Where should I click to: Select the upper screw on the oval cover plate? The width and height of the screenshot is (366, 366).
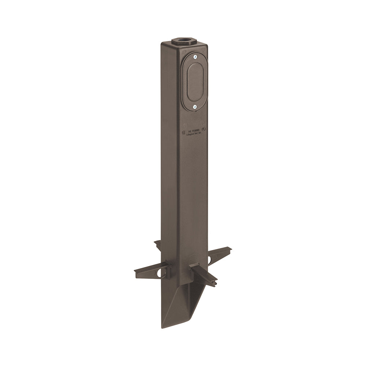point(195,57)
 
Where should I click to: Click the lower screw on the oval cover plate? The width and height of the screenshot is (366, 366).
point(195,107)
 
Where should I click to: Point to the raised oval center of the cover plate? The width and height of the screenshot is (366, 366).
point(195,82)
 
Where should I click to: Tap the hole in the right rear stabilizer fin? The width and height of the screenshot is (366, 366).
point(210,260)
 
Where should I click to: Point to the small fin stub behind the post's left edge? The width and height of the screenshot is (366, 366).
point(157,244)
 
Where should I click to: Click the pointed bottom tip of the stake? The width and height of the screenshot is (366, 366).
point(163,326)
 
